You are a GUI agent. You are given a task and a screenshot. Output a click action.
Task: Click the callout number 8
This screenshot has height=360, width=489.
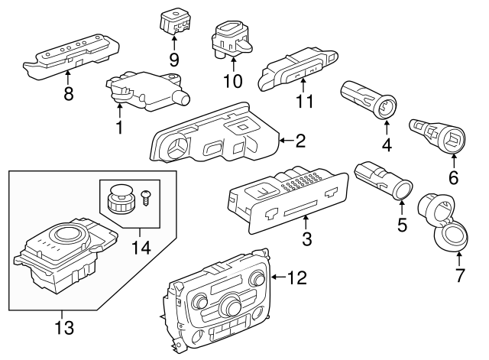[68, 93]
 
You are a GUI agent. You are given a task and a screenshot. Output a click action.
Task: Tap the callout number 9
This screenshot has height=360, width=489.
[174, 60]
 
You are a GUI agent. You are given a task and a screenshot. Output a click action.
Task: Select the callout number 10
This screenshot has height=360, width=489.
[232, 81]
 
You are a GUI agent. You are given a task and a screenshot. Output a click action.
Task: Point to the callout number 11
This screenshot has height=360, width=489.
[304, 101]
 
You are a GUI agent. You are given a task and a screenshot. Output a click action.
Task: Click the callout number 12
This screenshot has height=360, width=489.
[297, 277]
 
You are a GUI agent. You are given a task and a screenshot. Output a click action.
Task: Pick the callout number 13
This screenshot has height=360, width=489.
[64, 327]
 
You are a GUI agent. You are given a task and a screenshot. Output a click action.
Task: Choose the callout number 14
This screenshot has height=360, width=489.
[141, 247]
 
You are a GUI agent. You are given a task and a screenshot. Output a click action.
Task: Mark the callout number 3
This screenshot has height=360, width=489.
[307, 239]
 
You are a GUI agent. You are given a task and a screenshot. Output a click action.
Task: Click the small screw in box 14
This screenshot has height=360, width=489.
[144, 197]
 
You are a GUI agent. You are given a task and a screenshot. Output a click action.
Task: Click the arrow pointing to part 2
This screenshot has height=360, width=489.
[287, 141]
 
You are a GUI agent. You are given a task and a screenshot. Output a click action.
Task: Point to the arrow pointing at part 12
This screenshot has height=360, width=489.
[279, 277]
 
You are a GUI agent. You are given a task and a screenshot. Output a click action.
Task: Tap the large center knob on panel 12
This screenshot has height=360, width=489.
[232, 304]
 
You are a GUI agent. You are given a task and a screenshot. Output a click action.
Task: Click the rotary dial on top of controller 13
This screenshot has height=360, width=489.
[66, 233]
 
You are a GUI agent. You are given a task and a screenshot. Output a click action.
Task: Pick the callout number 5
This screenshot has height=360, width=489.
[402, 225]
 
